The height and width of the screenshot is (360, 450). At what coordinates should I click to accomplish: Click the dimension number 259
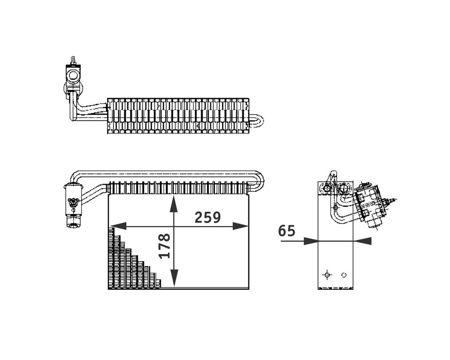click(x=208, y=217)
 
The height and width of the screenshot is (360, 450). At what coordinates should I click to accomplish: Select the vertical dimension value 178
click(x=164, y=246)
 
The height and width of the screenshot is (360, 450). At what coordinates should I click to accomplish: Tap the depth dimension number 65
click(x=286, y=231)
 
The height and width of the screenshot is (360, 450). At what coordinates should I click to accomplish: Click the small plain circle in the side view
click(x=345, y=275)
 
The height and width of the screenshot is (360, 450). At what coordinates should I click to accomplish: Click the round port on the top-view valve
click(x=74, y=75)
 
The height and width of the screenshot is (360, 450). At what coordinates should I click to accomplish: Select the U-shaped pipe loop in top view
click(x=257, y=120)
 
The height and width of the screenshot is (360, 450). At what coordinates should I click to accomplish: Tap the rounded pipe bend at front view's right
click(x=259, y=180)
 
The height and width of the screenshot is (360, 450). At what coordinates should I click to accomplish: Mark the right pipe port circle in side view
click(x=344, y=189)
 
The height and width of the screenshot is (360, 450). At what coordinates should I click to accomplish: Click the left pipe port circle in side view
click(x=327, y=188)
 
